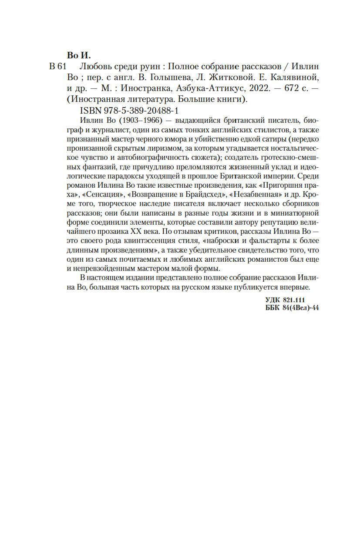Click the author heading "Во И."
coord(79,55)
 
